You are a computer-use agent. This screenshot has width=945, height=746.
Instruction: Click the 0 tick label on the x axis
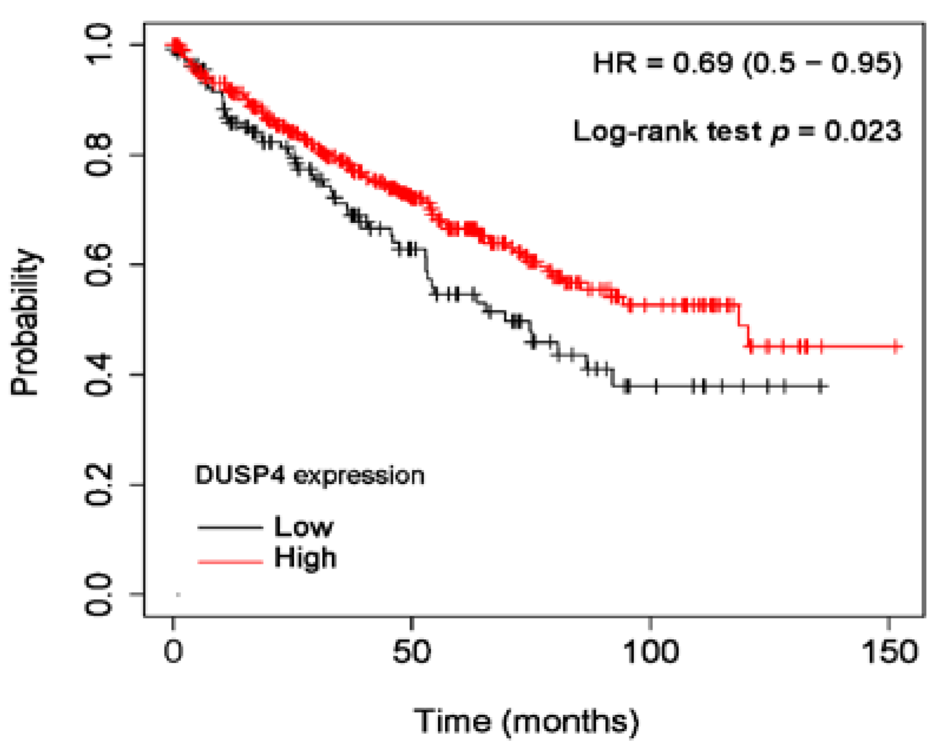click(173, 652)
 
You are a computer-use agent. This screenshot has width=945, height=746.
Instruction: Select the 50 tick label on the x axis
click(411, 652)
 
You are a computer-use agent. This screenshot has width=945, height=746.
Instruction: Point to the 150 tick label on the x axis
click(889, 652)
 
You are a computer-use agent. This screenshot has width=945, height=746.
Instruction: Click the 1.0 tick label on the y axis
click(98, 45)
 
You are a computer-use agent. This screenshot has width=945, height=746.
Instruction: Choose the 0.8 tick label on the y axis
click(98, 155)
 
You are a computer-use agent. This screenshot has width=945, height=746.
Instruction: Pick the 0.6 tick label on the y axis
click(98, 265)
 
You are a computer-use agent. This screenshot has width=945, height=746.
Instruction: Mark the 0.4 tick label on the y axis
click(98, 374)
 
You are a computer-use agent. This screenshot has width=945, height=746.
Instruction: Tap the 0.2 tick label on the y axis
click(98, 485)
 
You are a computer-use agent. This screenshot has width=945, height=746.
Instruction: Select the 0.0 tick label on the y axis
click(98, 594)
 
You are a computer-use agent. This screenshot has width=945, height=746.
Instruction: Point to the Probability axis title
click(25, 322)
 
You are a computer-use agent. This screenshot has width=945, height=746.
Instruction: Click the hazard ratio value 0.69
click(703, 63)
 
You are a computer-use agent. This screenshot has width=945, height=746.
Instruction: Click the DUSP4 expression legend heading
click(310, 475)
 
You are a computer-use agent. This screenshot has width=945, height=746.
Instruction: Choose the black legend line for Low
click(230, 527)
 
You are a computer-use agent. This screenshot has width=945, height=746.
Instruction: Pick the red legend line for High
click(230, 561)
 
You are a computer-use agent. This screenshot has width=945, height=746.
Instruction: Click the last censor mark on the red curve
click(895, 346)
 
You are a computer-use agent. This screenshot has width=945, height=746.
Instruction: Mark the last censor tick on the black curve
click(820, 387)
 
